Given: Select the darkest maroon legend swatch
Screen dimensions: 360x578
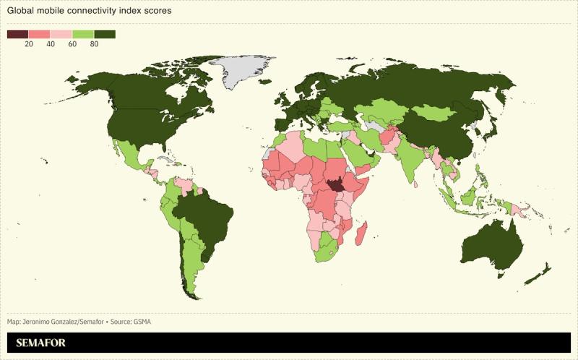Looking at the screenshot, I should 17,34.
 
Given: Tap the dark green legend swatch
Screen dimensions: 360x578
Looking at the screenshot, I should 105,34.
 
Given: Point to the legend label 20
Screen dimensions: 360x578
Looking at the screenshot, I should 29,44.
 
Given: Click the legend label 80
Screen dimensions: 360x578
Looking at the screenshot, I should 94,44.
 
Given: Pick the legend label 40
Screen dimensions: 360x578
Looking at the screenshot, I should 51,44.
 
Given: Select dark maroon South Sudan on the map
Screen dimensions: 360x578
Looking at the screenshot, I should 335,186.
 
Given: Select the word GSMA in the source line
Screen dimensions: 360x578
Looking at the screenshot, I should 142,322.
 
